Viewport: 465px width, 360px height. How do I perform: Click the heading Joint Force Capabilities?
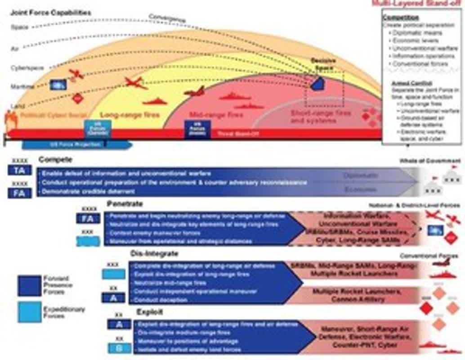click(x=50, y=13)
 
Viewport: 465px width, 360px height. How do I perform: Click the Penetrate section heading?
click(x=125, y=204)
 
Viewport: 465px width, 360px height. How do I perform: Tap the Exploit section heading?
click(x=150, y=312)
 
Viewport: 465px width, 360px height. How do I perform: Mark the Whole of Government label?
click(x=430, y=161)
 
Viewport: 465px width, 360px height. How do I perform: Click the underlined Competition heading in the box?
click(x=400, y=18)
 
